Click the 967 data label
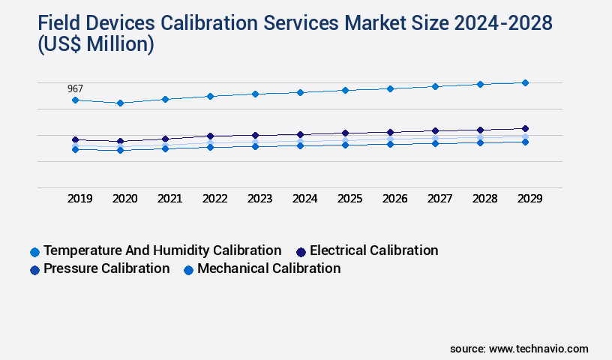coord(75,88)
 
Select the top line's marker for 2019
coord(75,100)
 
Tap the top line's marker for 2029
coord(525,82)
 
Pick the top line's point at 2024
coord(300,92)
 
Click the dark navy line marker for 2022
coord(210,136)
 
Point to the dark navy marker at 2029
coord(525,128)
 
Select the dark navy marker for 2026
coord(390,132)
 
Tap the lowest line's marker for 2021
coord(165,148)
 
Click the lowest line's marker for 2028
coord(480,142)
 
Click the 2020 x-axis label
coord(124,199)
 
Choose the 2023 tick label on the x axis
coord(259,199)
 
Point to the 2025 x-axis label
coord(349,199)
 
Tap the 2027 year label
coord(439,199)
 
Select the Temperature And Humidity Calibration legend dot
coord(34,252)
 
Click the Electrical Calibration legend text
coord(373,250)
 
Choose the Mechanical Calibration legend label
coord(268,268)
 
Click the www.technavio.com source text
coord(538,349)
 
